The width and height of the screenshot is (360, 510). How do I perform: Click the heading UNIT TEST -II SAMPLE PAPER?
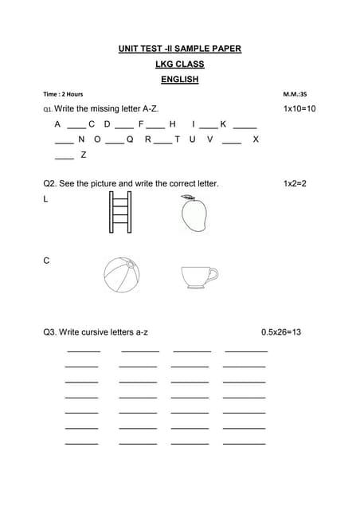tap(180, 49)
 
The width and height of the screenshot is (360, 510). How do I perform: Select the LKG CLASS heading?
tap(180, 65)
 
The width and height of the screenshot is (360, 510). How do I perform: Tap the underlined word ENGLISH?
tap(180, 80)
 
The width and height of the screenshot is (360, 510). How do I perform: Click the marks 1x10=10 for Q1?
tap(299, 108)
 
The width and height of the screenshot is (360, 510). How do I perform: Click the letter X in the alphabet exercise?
tap(255, 139)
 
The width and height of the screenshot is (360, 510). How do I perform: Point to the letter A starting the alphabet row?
tap(57, 124)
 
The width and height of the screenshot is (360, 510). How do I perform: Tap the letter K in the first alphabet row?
tap(223, 124)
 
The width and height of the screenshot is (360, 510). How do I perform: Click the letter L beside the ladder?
tap(45, 199)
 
